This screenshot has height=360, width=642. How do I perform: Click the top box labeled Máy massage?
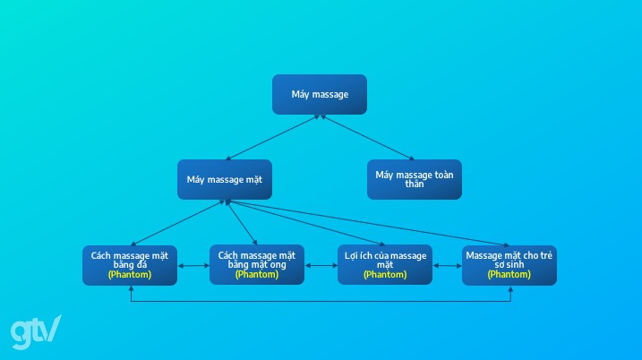[320, 94]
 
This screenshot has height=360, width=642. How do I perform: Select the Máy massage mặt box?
[224, 179]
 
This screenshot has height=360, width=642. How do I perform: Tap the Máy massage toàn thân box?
[414, 179]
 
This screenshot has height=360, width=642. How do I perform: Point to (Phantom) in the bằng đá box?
[130, 275]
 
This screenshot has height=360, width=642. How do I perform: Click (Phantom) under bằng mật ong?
[257, 275]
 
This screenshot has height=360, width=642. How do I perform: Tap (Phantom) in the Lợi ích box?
[385, 275]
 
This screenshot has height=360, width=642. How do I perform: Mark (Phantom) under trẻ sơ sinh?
[509, 275]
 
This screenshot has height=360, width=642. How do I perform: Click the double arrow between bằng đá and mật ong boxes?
[193, 266]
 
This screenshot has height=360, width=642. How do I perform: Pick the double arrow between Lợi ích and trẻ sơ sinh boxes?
[447, 266]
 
